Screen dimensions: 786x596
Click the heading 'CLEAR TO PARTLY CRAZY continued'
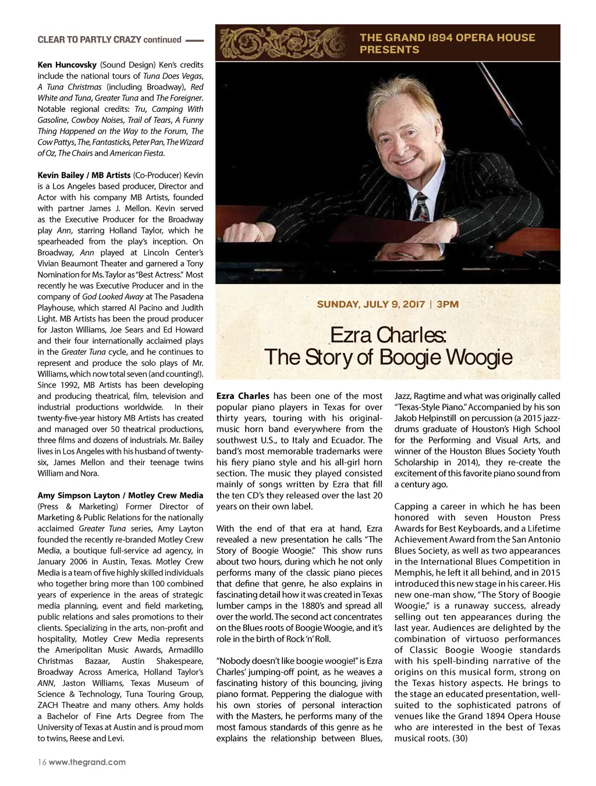coord(109,40)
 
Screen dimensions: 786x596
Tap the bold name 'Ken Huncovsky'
coord(67,65)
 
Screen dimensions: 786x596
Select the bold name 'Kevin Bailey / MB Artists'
coord(84,175)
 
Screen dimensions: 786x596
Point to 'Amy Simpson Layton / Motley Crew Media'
coord(120,495)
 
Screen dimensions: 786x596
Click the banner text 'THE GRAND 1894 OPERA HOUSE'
coord(447,37)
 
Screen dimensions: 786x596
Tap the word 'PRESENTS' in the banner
coord(389,50)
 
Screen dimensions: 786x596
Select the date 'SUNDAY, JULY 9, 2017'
coord(371,305)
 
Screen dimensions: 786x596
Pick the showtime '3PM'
coord(448,305)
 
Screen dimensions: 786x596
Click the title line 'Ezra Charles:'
coord(388,335)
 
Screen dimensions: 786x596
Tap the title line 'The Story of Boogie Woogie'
coord(388,357)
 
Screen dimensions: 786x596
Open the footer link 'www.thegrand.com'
coord(87,762)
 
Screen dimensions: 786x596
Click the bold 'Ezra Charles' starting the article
coord(243,396)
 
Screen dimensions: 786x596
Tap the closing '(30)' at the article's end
coord(460,738)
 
